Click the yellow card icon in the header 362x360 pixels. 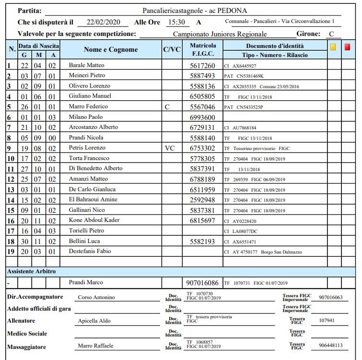333,47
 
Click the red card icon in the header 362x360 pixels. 347,47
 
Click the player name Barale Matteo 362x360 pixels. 86,65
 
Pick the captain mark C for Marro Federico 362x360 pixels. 167,107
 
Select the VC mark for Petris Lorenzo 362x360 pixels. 170,148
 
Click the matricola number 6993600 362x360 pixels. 202,117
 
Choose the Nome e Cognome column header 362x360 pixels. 111,49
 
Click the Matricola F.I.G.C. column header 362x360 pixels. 202,49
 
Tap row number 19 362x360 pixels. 10,251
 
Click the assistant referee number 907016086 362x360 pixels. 202,283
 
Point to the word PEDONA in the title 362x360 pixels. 235,10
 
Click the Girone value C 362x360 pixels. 331,34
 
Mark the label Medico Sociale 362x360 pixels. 27,333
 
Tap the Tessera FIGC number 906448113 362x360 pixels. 330,346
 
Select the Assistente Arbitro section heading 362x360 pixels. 31,271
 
